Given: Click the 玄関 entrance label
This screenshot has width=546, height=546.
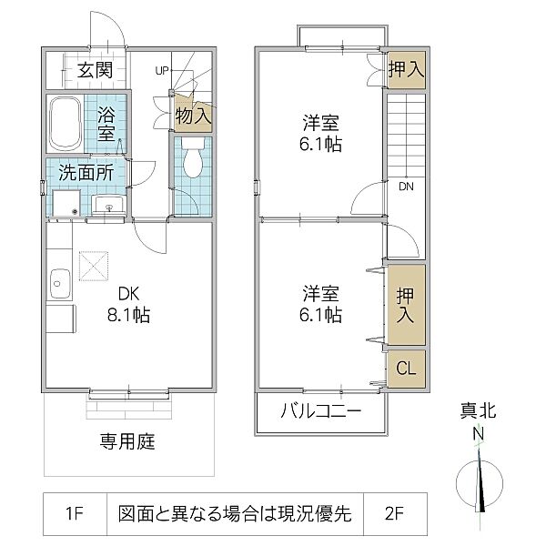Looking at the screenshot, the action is pos(95,70).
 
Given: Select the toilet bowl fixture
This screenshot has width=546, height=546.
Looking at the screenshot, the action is pos(193,157).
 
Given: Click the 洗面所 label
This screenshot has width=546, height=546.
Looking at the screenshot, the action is pos(86,172).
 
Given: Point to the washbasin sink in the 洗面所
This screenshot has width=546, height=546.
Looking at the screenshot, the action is pos(109,205).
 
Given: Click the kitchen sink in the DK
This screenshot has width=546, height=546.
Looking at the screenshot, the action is pos(60,284).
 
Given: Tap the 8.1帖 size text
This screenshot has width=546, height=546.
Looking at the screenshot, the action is pos(128,315).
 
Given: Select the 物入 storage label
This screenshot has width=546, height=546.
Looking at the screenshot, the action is pos(193,116).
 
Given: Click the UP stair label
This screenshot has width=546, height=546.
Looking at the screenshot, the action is pos(162,71).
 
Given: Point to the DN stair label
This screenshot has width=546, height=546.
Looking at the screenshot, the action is pos(406,187).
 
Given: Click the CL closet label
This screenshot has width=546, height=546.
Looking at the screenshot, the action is pos(406,368).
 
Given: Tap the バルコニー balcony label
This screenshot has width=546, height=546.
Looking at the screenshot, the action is pos(320,411).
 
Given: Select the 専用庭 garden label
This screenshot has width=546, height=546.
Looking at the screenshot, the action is pos(127,441).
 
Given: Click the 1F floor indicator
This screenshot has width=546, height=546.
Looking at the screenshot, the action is pos(75,513).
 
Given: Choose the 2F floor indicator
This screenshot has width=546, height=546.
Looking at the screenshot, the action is pos(394,513).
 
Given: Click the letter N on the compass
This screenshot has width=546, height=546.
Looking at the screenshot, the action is pos(479,434).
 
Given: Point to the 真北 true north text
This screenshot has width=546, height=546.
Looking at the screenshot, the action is pos(478,410).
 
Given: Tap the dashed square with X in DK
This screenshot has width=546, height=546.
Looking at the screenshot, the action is pos(94,266).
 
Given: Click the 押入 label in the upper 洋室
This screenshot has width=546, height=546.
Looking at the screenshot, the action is pos(407,69).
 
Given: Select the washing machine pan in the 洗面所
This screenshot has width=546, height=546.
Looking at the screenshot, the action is pos(66,203).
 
